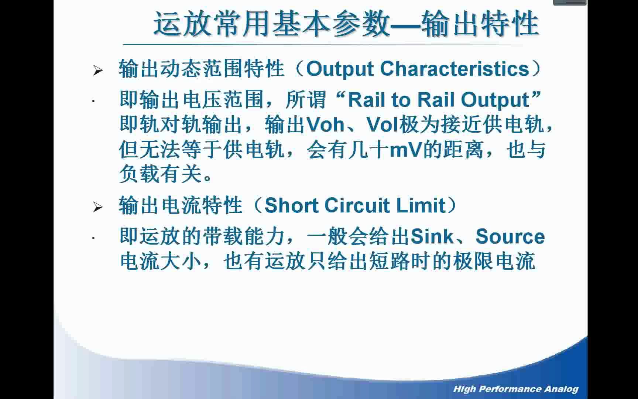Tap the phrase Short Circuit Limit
(355, 205)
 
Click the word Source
(510, 237)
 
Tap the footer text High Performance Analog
(516, 389)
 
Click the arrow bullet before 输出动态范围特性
(98, 70)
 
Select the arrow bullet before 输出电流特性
(98, 207)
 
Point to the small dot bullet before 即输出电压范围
(93, 101)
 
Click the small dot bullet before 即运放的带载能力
(93, 238)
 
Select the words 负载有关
(160, 174)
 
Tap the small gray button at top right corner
(570, 3)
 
